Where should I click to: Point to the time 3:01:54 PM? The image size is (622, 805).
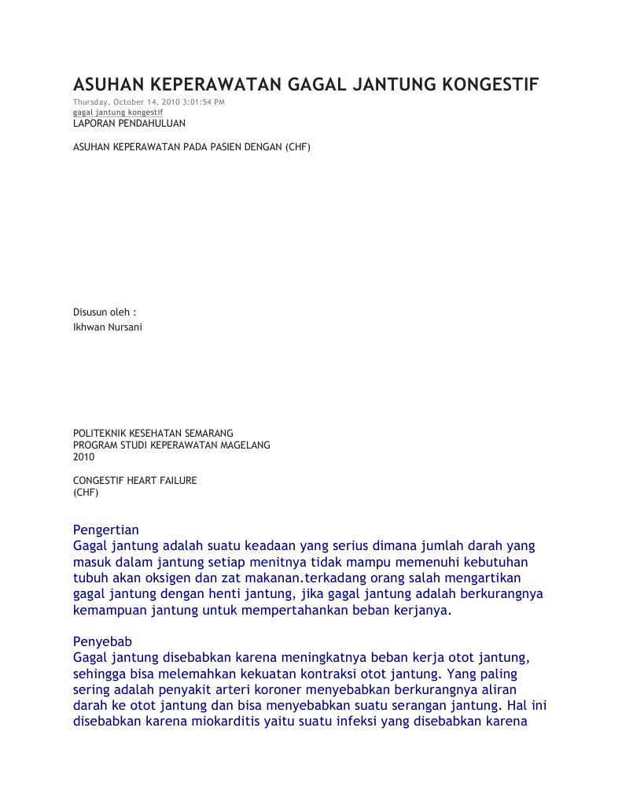pos(204,103)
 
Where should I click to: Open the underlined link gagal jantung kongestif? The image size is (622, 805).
pos(118,113)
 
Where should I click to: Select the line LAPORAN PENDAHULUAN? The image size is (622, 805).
pos(130,124)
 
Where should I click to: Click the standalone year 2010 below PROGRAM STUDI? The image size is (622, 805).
pos(83,456)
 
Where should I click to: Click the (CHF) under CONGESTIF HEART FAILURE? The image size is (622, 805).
pos(86,492)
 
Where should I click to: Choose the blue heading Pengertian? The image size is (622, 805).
pos(105,529)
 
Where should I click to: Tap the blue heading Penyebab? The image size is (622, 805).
pos(102,641)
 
